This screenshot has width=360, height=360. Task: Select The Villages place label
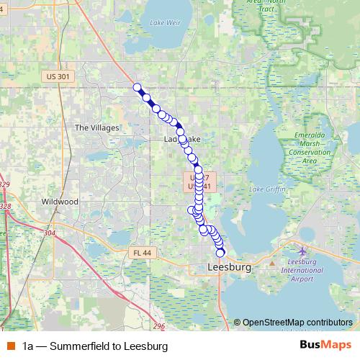coord(96,127)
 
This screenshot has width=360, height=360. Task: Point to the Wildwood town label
coord(59,202)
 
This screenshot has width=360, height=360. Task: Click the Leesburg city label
coord(228,267)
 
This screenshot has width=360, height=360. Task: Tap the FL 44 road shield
coord(142,253)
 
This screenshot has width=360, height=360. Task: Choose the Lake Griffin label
coord(266,189)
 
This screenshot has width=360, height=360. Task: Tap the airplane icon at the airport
coord(302,251)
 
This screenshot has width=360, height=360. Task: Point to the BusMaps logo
coord(325,346)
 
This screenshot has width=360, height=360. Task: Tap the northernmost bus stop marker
coord(137,87)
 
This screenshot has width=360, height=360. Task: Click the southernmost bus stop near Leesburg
coord(220,253)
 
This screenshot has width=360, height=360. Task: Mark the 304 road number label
coord(49,233)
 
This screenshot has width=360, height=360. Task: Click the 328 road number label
coord(5,206)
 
